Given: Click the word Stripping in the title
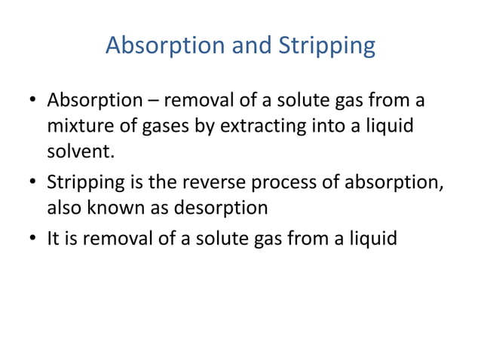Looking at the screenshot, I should tap(327, 47).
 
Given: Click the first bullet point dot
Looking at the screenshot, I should tap(33, 101).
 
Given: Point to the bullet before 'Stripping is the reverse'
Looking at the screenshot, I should tap(33, 182).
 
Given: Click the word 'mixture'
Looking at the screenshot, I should tap(79, 127).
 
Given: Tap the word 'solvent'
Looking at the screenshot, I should tap(81, 153).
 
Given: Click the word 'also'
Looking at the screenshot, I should tap(65, 208).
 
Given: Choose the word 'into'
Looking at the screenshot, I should tap(329, 127).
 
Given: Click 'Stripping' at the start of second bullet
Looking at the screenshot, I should tap(82, 182).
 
